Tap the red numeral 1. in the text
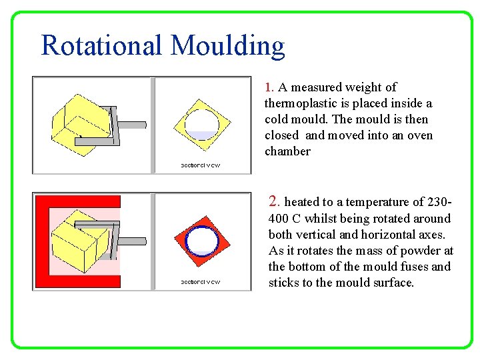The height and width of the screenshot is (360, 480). [x=269, y=87]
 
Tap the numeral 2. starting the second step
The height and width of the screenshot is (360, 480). [x=274, y=201]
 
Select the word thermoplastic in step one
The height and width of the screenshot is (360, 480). [x=299, y=103]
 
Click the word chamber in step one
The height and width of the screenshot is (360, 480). [x=287, y=151]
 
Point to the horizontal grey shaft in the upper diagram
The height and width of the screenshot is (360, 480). [x=131, y=124]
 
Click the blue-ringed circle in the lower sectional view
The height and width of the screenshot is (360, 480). [x=201, y=240]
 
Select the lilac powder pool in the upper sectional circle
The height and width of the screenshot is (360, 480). [x=201, y=135]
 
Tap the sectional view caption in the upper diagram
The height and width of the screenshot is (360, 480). [x=200, y=165]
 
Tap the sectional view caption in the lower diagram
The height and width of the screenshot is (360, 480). [x=200, y=282]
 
